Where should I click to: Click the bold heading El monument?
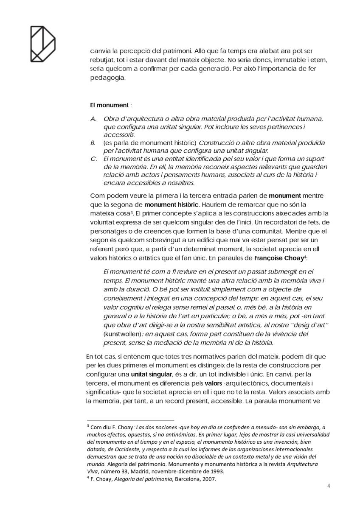click(109, 105)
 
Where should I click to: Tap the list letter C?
click(93, 159)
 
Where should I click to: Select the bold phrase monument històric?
click(174, 204)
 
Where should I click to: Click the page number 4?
click(329, 486)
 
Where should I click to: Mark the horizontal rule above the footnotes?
click(130, 420)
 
